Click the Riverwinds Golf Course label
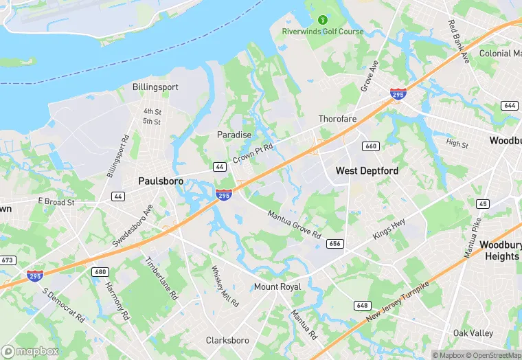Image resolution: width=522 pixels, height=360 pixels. tap(322, 32)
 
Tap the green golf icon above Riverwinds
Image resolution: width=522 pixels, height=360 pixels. tap(323, 19)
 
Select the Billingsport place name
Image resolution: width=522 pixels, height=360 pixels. tap(155, 87)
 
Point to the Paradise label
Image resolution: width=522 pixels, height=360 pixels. tap(234, 135)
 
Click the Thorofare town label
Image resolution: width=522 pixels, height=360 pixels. tap(337, 119)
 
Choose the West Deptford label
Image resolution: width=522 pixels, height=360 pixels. tap(367, 170)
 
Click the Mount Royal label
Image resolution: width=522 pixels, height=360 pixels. tap(277, 286)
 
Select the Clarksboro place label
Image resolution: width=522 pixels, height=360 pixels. tap(228, 340)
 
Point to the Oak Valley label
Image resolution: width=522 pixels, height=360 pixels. tap(473, 333)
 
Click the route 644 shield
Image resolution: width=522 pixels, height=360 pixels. tap(509, 105)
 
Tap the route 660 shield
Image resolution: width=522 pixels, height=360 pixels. tap(371, 146)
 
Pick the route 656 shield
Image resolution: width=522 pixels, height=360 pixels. tap(335, 243)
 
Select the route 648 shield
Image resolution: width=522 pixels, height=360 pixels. tap(363, 304)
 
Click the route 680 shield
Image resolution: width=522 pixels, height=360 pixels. tap(100, 271)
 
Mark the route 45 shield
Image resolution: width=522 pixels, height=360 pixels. tap(483, 203)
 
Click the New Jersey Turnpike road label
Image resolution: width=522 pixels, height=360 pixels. tap(398, 303)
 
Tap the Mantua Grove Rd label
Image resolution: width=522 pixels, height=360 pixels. tap(295, 225)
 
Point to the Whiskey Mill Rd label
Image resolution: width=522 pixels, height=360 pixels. tap(225, 286)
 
